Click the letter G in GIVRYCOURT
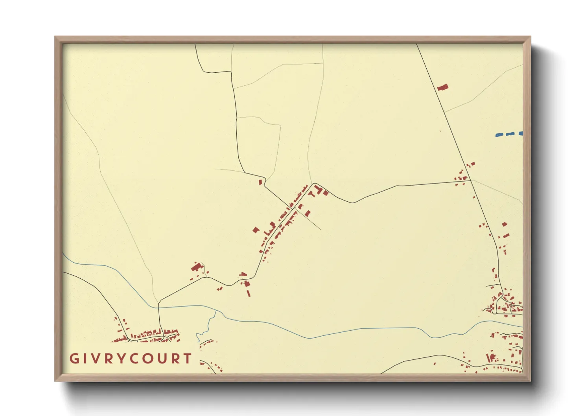[x=74, y=359]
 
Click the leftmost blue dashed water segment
[x=499, y=135]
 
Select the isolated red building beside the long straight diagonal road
[x=443, y=87]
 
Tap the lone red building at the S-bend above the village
[x=260, y=182]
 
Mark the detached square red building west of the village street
[x=256, y=230]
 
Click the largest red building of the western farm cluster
[x=195, y=267]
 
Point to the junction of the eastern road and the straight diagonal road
[x=471, y=181]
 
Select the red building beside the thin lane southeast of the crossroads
[x=308, y=213]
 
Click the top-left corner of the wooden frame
[x=55, y=37]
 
